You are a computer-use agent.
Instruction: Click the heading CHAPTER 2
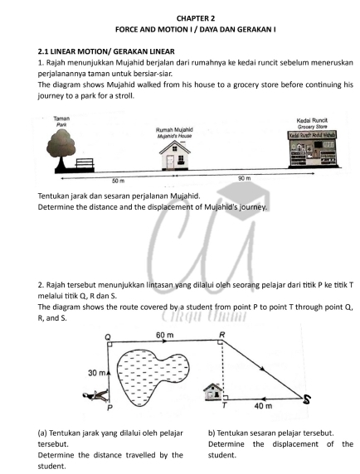point(196,18)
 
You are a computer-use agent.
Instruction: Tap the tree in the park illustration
point(61,148)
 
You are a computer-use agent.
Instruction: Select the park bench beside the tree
point(85,163)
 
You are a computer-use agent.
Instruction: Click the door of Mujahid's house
point(170,162)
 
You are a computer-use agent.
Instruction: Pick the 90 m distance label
point(245,178)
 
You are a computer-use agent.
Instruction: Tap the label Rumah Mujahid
point(174,129)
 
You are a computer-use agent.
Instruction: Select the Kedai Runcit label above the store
point(312,120)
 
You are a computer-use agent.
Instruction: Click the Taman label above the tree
point(61,118)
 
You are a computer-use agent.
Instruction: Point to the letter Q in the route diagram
point(108,336)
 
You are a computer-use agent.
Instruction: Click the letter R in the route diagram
point(222,335)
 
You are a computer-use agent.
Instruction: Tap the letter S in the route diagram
point(307,400)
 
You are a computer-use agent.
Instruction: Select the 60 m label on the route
point(165,335)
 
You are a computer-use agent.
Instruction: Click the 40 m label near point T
point(263,406)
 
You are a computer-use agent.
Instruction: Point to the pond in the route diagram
point(152,375)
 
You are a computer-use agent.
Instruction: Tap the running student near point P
point(95,396)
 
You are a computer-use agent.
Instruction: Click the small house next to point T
point(212,392)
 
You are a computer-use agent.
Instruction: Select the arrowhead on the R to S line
point(263,369)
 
